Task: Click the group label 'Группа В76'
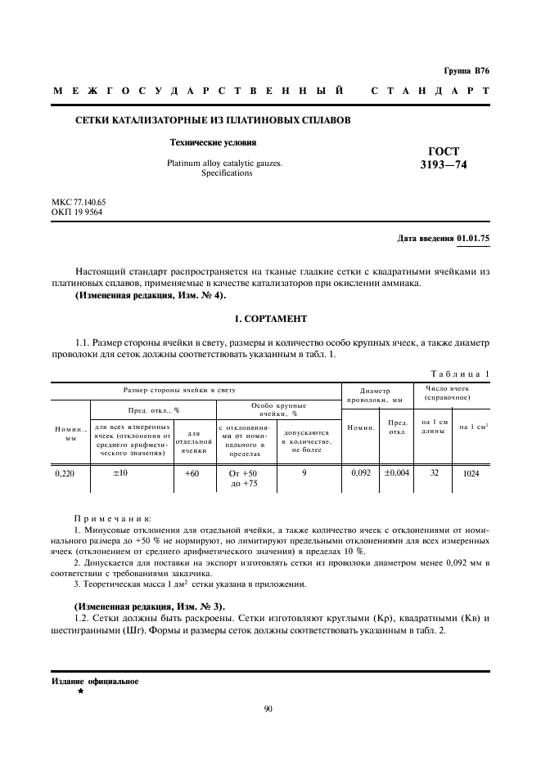467,72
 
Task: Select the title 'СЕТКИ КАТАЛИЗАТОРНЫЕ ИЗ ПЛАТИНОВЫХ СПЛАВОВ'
213,120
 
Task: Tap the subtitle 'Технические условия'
208,142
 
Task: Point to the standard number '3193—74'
444,165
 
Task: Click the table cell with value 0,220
65,473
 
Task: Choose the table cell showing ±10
122,473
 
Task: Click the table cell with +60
192,473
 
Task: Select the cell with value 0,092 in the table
361,473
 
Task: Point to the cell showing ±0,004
397,473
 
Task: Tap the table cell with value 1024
471,473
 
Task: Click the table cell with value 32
434,473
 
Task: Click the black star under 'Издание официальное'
80,691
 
